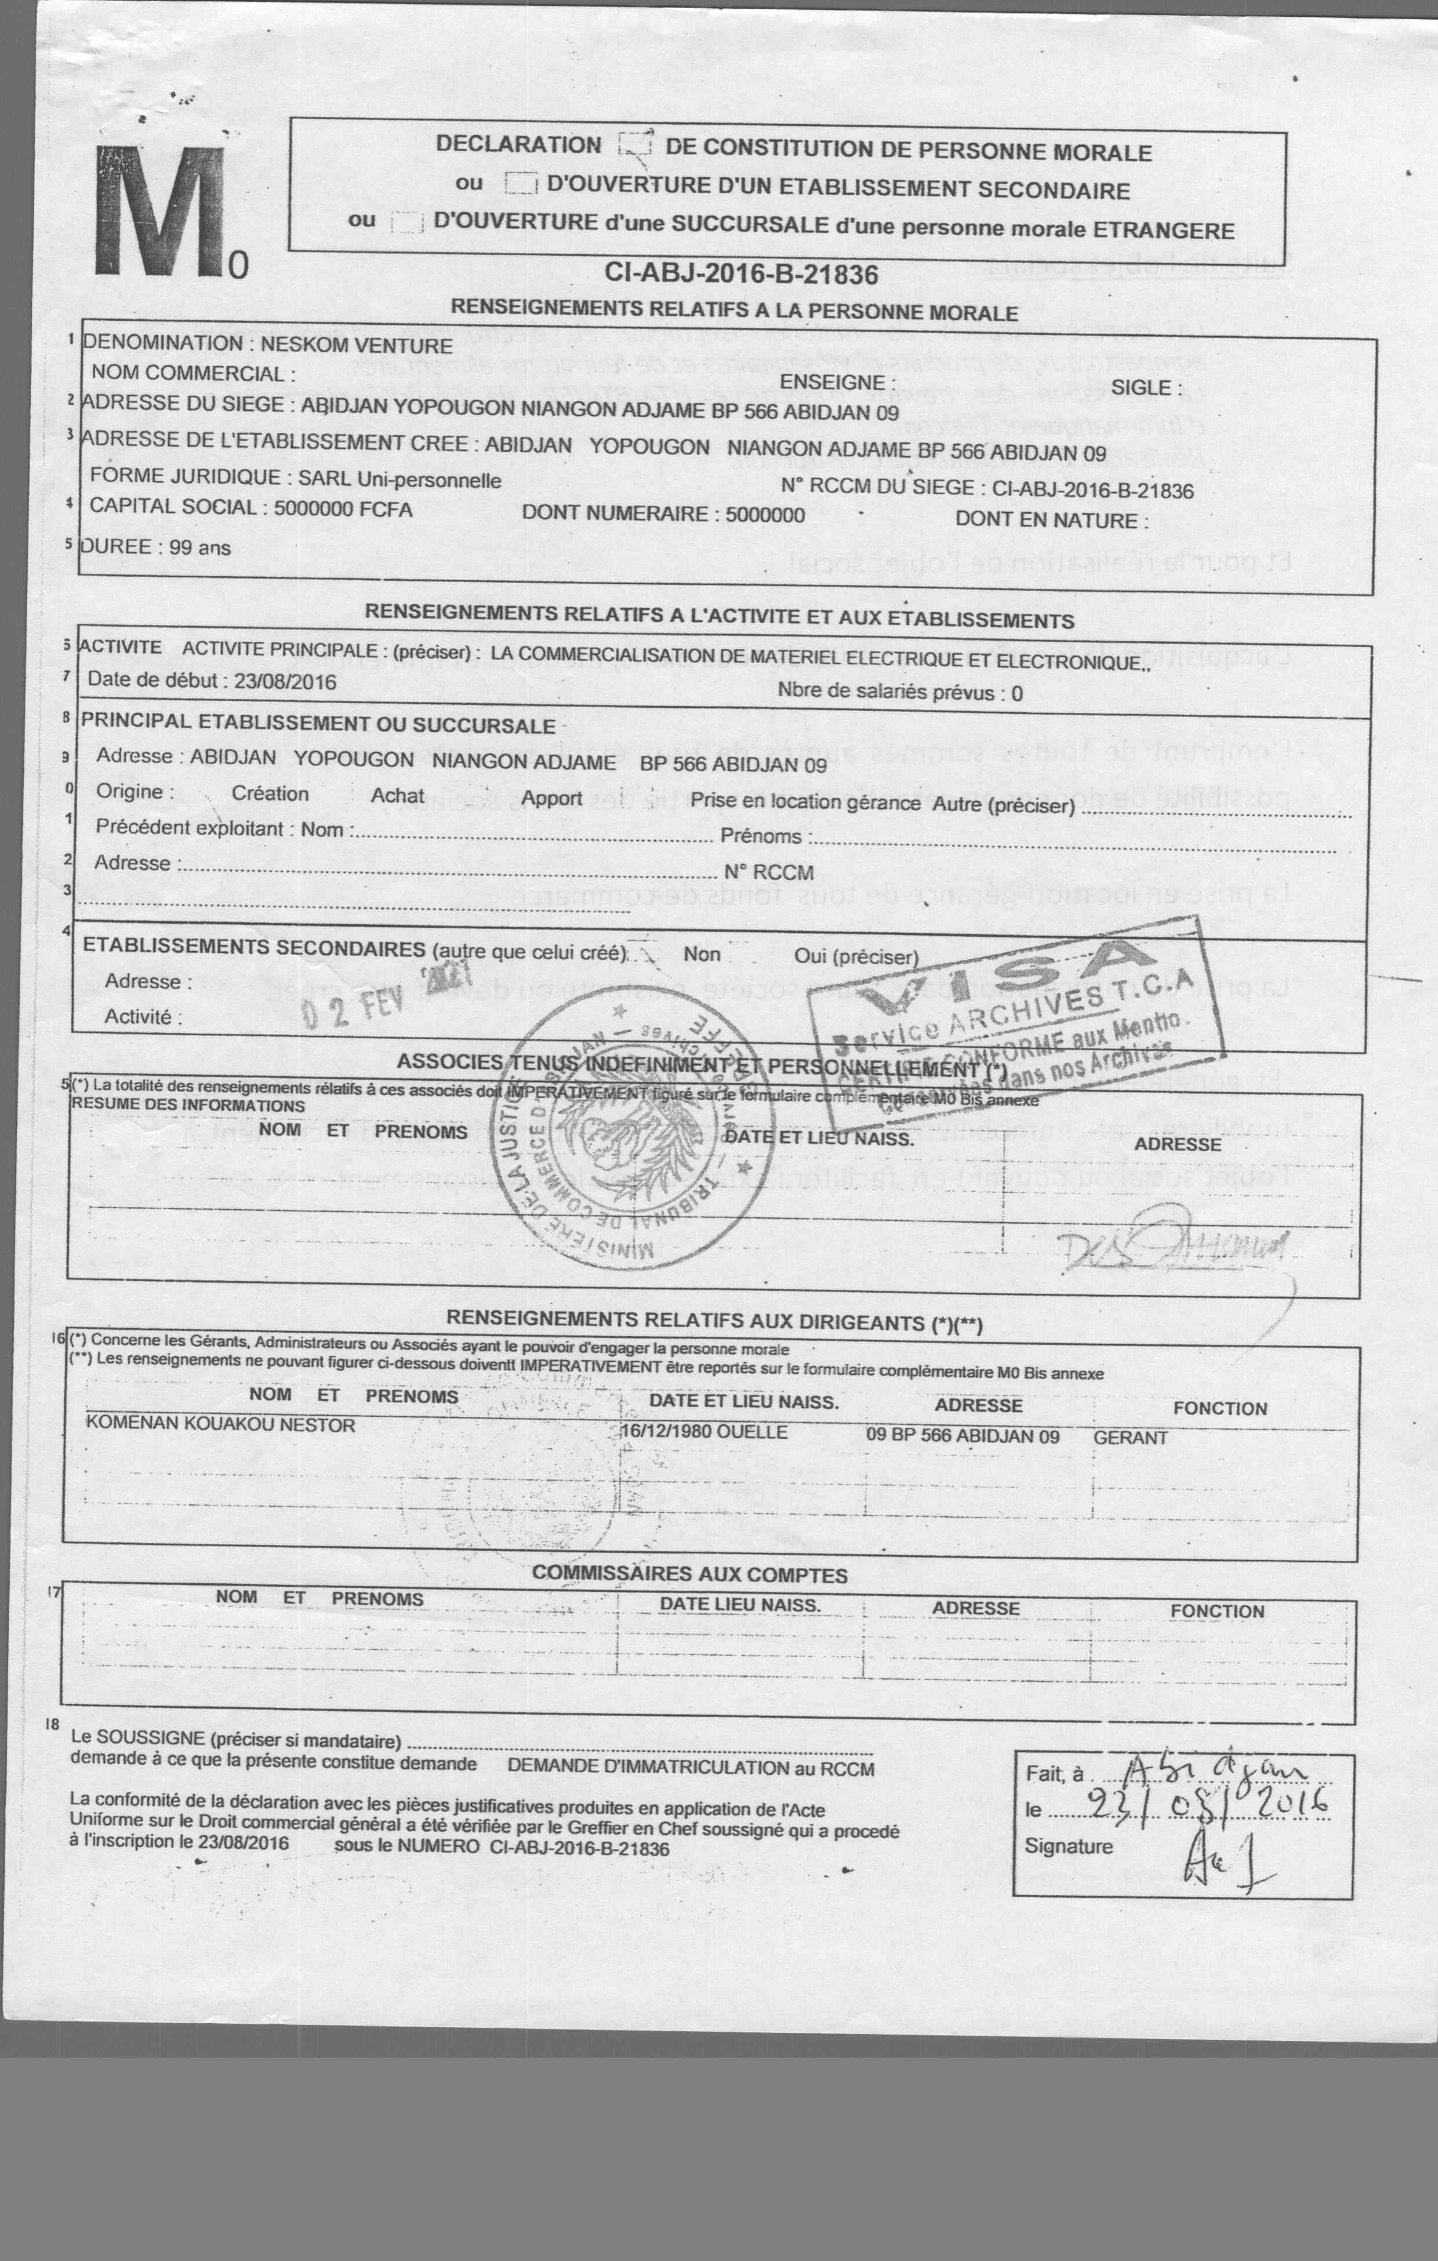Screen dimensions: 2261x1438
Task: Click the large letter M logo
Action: point(159,211)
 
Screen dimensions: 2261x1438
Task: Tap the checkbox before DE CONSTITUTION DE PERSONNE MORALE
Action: point(636,144)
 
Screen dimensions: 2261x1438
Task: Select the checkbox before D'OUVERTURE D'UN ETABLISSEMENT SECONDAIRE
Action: point(520,183)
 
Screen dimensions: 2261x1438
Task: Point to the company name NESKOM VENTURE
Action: point(356,345)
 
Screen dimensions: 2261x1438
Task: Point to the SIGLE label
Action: point(1139,388)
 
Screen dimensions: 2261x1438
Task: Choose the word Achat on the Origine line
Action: point(397,795)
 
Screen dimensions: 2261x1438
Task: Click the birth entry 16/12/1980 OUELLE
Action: point(704,1432)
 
